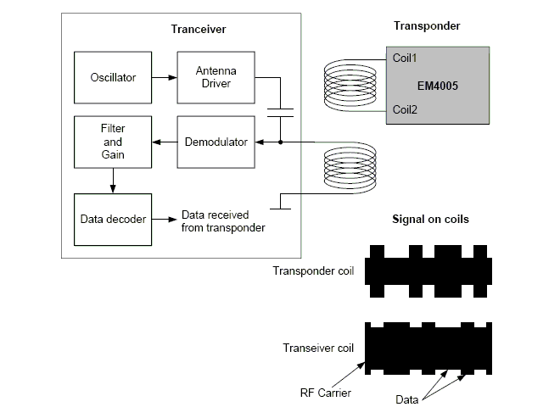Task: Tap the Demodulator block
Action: click(216, 142)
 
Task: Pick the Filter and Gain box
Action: click(113, 142)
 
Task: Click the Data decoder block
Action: click(113, 218)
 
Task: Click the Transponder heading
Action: click(427, 26)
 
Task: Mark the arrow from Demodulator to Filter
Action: click(164, 142)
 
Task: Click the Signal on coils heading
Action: click(429, 220)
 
